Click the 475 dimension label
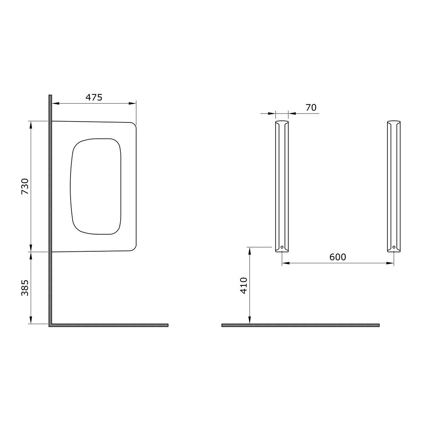(94, 97)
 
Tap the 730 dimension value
(25, 186)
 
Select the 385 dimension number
(25, 288)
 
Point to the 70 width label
(311, 108)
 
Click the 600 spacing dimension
(338, 257)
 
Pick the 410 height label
(244, 285)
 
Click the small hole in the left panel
(282, 247)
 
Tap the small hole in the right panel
(394, 247)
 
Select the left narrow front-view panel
(282, 186)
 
